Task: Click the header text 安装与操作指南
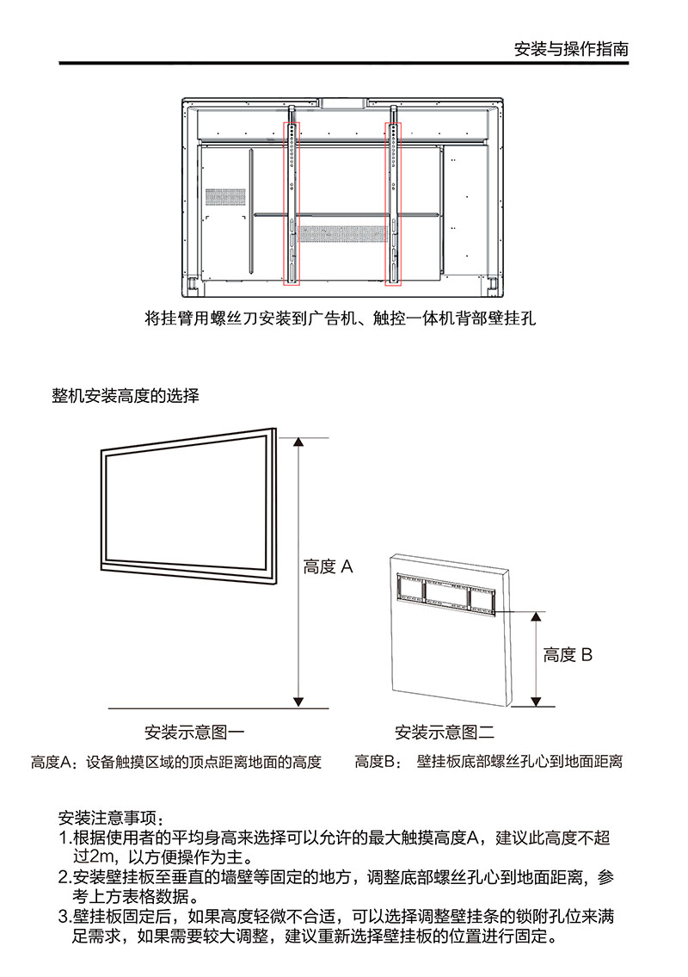tap(571, 49)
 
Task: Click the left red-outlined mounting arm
tap(292, 204)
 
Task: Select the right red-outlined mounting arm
tap(394, 204)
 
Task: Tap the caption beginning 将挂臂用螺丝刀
tap(340, 318)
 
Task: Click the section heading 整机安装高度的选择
tap(126, 396)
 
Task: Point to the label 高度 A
tap(329, 566)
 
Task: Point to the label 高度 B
tap(568, 655)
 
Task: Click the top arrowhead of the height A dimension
tap(299, 442)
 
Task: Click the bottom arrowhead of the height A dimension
tap(299, 702)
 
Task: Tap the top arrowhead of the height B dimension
tap(536, 616)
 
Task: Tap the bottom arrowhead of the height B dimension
tap(536, 702)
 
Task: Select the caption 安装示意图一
tap(195, 733)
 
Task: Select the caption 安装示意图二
tap(445, 733)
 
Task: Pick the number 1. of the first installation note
tap(64, 838)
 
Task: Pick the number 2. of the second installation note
tap(64, 877)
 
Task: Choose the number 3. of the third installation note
tap(64, 917)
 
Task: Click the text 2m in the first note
tap(103, 856)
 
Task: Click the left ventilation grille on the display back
tap(225, 197)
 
